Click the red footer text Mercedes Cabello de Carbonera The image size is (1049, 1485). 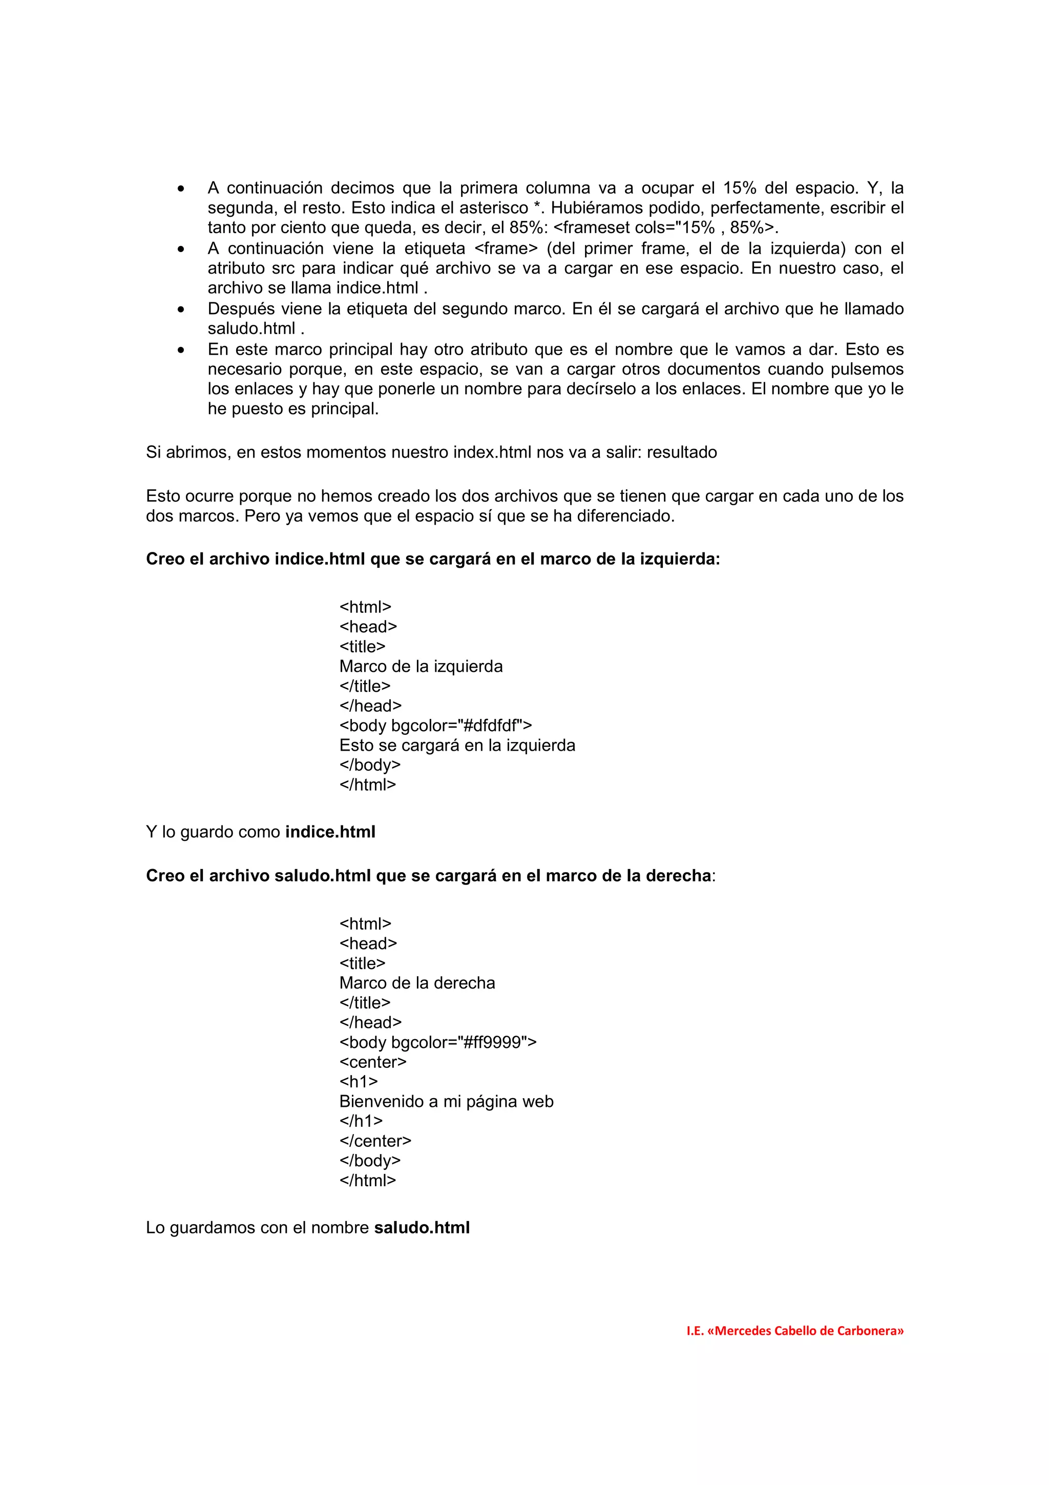tap(794, 1330)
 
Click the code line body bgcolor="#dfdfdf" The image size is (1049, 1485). tap(435, 725)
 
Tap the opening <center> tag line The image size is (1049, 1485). tap(372, 1062)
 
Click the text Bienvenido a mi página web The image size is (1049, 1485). tap(446, 1102)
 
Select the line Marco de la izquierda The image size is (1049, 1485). tap(420, 666)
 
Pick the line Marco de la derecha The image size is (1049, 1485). tap(417, 983)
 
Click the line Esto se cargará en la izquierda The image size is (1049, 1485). tap(457, 745)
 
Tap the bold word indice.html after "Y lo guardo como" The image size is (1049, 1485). tap(330, 832)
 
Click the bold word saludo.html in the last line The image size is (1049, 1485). tap(422, 1228)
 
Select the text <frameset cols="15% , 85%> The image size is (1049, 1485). tap(666, 228)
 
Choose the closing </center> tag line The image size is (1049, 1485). tap(375, 1141)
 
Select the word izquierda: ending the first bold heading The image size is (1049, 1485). tap(679, 559)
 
